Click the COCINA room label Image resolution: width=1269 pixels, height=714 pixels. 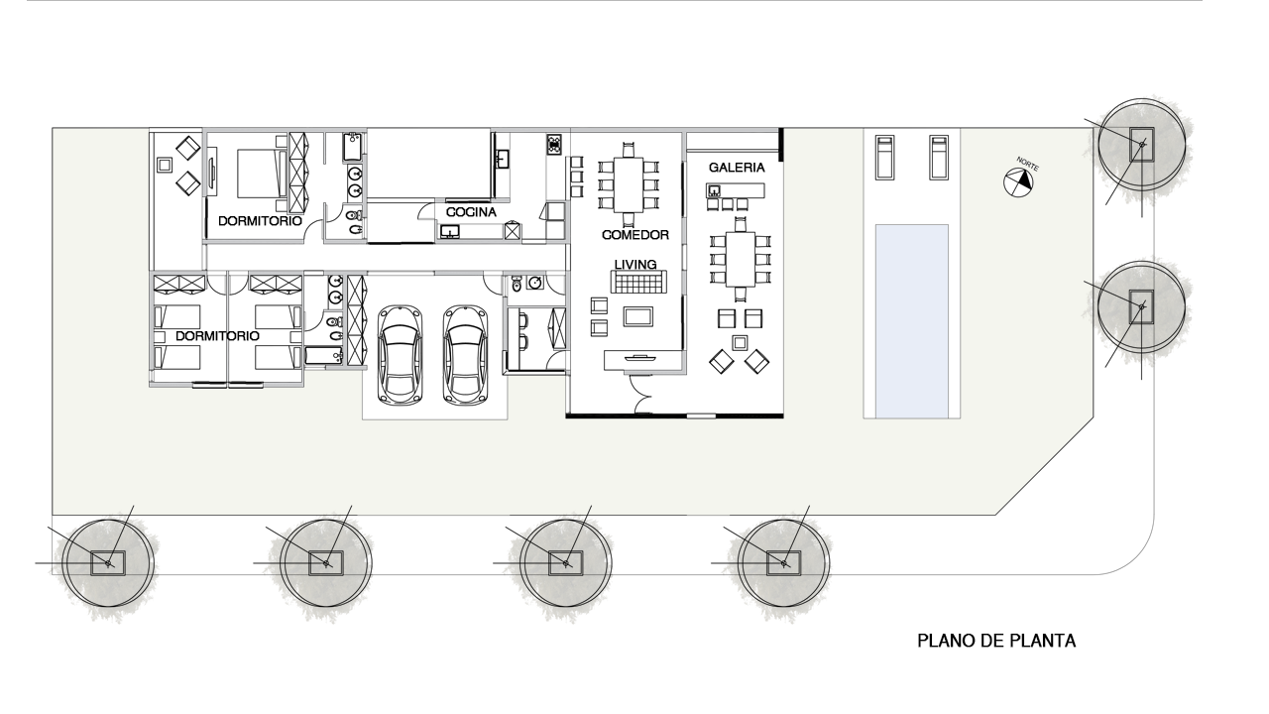[x=471, y=212]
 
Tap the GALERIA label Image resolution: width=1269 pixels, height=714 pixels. [x=737, y=168]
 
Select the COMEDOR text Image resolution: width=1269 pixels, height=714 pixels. [x=635, y=235]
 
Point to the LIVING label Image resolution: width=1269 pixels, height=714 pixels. [x=635, y=264]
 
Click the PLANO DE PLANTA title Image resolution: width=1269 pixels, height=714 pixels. [x=996, y=641]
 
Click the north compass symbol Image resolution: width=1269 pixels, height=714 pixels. [x=1018, y=182]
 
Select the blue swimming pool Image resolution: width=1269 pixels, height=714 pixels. [x=911, y=321]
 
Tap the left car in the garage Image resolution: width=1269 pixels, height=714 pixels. [x=400, y=355]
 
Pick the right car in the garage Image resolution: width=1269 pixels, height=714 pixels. [x=465, y=355]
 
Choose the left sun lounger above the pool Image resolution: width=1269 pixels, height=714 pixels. [x=884, y=158]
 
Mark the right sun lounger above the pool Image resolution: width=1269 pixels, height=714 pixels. [x=939, y=158]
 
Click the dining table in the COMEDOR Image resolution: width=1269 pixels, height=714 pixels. [x=629, y=184]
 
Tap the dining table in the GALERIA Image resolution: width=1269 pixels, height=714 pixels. [x=741, y=259]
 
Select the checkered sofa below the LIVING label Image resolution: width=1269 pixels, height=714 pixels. [x=638, y=282]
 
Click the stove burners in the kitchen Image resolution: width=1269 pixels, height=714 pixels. [x=553, y=145]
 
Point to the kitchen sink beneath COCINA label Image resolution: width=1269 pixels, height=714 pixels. [x=450, y=232]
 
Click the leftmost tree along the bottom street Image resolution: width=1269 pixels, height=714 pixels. [x=108, y=563]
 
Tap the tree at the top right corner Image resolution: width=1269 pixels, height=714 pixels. [x=1141, y=145]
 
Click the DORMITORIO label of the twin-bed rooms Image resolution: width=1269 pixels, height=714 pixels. [x=217, y=336]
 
